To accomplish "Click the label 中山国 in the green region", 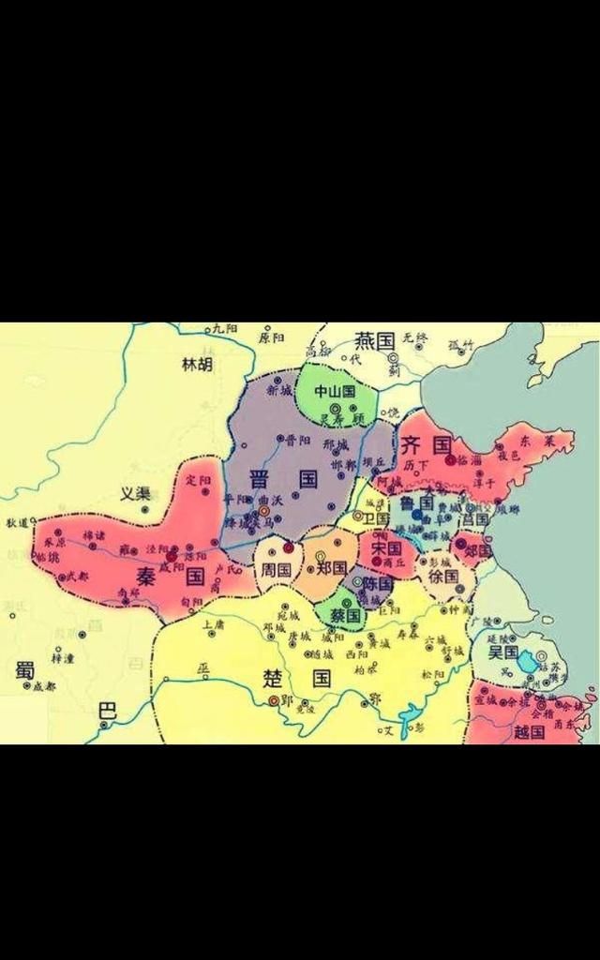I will pyautogui.click(x=335, y=391).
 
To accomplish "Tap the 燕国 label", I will pyautogui.click(x=373, y=340).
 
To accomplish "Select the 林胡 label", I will pyautogui.click(x=197, y=365).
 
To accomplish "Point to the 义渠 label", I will pyautogui.click(x=135, y=493).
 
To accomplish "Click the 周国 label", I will pyautogui.click(x=277, y=569).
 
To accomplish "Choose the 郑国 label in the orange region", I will pyautogui.click(x=332, y=568).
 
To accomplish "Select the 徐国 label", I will pyautogui.click(x=442, y=577).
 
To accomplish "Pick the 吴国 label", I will pyautogui.click(x=503, y=652).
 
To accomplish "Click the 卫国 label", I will pyautogui.click(x=377, y=518).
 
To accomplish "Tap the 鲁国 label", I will pyautogui.click(x=414, y=502).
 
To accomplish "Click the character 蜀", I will pyautogui.click(x=24, y=669).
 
